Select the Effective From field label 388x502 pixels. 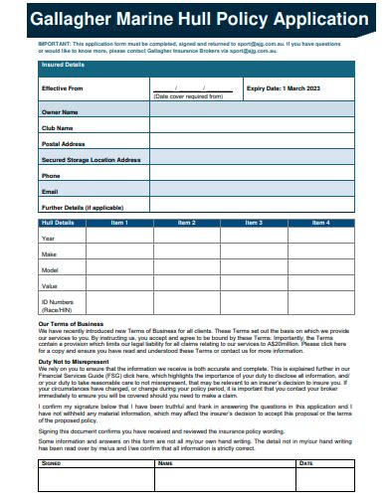pyautogui.click(x=62, y=87)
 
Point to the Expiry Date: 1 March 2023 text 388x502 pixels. pyautogui.click(x=284, y=87)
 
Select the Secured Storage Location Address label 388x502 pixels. pyautogui.click(x=91, y=159)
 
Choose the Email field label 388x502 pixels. pyautogui.click(x=50, y=190)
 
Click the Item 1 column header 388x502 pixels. pyautogui.click(x=119, y=223)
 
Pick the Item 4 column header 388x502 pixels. pyautogui.click(x=320, y=223)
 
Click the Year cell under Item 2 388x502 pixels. pyautogui.click(x=186, y=238)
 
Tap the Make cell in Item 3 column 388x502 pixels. pyautogui.click(x=253, y=253)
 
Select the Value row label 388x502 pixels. pyautogui.click(x=49, y=285)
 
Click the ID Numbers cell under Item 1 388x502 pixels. pyautogui.click(x=119, y=304)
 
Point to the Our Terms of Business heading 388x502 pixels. pyautogui.click(x=71, y=324)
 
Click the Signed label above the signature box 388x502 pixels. pyautogui.click(x=50, y=462)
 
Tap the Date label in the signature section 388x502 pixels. pyautogui.click(x=306, y=462)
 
